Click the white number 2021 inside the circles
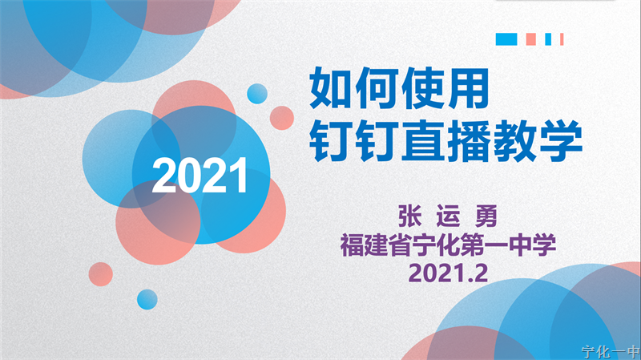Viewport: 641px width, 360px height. pos(200,175)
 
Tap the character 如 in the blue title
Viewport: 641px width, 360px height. pos(331,88)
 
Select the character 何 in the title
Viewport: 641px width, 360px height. pos(377,88)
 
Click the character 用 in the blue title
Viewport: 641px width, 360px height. pos(468,88)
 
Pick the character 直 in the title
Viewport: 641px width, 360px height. pos(424,140)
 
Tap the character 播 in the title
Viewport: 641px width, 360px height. pos(469,140)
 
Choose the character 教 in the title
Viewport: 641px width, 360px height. pos(515,140)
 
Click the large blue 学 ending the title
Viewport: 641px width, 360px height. pos(561,140)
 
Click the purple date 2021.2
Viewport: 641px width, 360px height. pos(448,273)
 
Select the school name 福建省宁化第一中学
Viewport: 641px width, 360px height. pos(448,245)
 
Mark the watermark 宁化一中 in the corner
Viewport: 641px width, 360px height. pos(611,352)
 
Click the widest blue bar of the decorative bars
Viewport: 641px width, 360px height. pos(506,39)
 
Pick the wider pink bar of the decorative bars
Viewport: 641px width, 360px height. pos(531,39)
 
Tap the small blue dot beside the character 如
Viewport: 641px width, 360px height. pos(257,94)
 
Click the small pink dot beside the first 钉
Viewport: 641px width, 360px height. pos(282,118)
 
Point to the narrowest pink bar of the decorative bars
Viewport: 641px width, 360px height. pos(562,39)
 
